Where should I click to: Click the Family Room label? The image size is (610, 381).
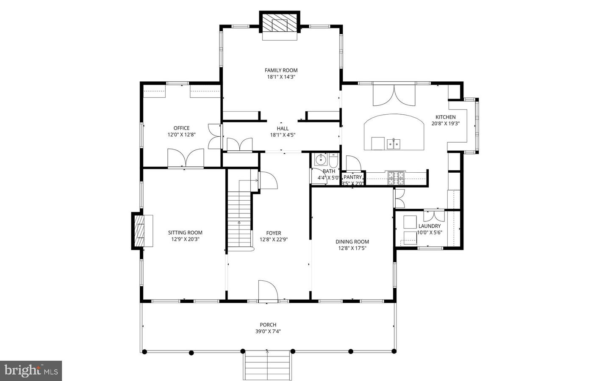tap(281, 70)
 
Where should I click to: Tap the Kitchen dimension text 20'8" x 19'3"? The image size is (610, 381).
tap(446, 124)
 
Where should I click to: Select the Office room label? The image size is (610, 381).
tap(181, 128)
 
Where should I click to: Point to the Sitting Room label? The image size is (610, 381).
tap(185, 232)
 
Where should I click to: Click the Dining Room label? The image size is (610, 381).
tap(352, 242)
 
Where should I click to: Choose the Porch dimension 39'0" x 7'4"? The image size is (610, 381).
tap(268, 331)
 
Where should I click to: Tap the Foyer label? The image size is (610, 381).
tap(274, 233)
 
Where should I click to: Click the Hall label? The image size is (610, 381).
tap(283, 129)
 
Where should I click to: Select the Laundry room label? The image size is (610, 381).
tap(430, 226)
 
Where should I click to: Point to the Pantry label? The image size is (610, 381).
tap(353, 177)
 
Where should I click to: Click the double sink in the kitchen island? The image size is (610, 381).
tap(394, 144)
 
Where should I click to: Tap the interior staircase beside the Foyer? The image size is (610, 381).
tap(240, 220)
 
